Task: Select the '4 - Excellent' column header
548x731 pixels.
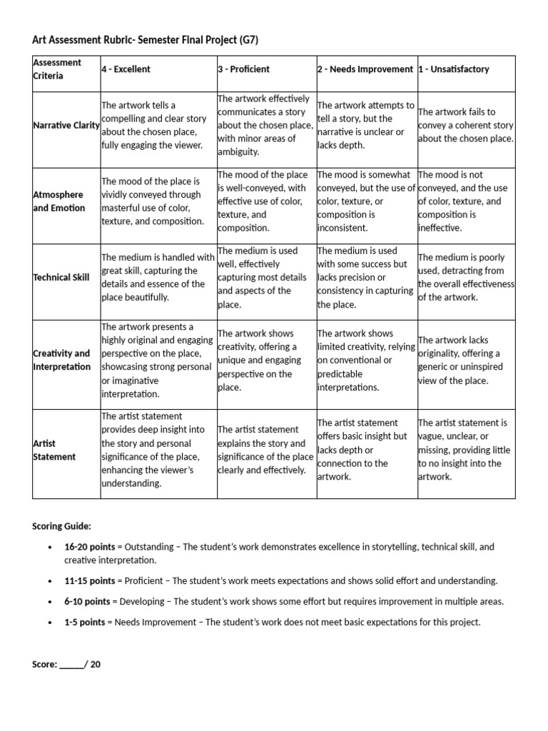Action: click(x=126, y=69)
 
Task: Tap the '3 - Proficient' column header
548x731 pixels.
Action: click(x=243, y=69)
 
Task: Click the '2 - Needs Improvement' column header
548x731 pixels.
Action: click(x=365, y=69)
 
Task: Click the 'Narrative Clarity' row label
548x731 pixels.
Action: click(x=66, y=126)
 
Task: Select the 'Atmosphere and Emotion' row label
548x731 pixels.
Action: click(x=59, y=201)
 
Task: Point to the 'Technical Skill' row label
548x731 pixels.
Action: click(x=62, y=277)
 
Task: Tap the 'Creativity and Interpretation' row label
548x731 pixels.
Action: click(x=62, y=360)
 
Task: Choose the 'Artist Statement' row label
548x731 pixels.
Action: click(x=54, y=450)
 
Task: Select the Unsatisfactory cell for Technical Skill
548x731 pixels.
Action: click(x=465, y=277)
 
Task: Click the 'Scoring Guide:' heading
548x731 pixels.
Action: click(x=61, y=526)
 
